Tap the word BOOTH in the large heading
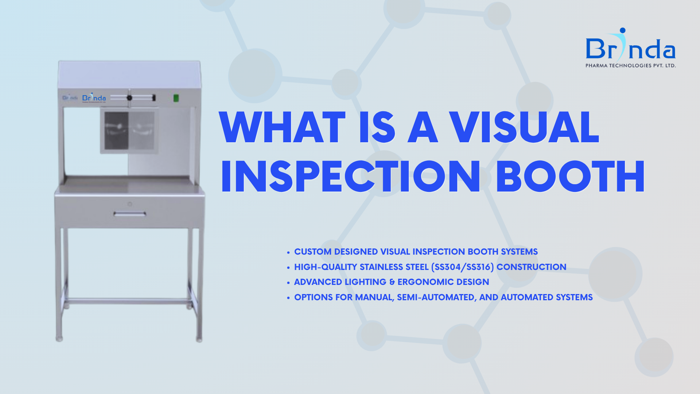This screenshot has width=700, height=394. pos(570,177)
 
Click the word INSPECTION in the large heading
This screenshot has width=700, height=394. pos(351,177)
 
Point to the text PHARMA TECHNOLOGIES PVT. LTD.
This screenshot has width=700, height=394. pos(630,66)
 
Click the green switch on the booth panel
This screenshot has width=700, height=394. pos(176,98)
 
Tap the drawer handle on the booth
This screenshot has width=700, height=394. pos(130,214)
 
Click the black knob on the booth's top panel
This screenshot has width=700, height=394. pos(129,98)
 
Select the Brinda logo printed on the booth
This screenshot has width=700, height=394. pos(94,98)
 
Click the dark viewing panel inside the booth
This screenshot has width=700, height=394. pos(116,130)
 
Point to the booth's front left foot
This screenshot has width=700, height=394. pos(59,339)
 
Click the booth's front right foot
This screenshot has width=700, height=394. pos(199,340)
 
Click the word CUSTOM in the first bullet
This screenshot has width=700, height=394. pos(313,252)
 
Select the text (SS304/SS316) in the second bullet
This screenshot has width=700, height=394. pos(462,267)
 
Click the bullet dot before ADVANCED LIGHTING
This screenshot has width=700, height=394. pos(288,283)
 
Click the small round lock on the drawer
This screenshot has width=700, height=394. pos(130,204)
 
